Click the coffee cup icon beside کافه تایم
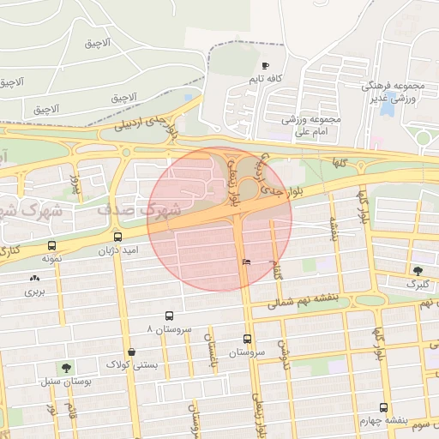[x=265, y=66]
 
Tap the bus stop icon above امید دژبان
[x=117, y=237]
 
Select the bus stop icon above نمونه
[x=52, y=245]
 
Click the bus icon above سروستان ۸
[x=169, y=316]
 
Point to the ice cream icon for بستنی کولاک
[x=131, y=352]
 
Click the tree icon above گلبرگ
[x=418, y=270]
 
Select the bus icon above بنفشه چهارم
[x=383, y=408]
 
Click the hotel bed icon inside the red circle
[x=247, y=262]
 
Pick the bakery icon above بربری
[x=34, y=278]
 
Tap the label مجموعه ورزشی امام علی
[x=312, y=125]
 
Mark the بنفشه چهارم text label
[x=384, y=421]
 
